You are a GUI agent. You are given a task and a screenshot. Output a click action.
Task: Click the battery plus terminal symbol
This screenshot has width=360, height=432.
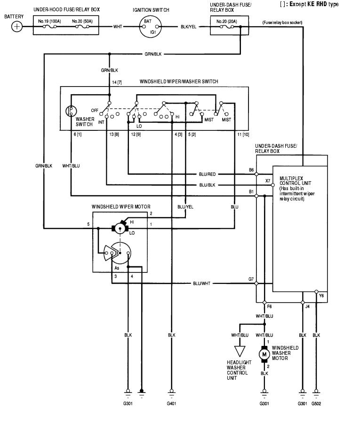point(17,26)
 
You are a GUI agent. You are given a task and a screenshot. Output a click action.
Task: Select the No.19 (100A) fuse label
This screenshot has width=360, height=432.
point(48,22)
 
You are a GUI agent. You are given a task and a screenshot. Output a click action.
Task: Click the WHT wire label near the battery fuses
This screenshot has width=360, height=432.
point(118,26)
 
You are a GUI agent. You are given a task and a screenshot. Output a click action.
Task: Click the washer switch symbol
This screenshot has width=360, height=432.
point(71,112)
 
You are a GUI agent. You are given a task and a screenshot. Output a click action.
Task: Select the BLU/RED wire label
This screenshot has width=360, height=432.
point(208,174)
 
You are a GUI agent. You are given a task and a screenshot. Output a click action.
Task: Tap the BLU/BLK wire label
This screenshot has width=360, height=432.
point(208,185)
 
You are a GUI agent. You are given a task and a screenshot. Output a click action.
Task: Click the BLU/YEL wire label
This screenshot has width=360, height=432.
point(185,207)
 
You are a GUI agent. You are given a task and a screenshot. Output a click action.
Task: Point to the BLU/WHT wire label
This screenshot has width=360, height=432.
point(201,284)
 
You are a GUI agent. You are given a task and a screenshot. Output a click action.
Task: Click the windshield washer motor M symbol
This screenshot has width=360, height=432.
point(264,354)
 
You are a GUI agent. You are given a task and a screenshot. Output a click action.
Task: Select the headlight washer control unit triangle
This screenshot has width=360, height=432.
point(240,351)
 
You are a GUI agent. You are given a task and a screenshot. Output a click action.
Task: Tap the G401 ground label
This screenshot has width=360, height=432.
point(171,404)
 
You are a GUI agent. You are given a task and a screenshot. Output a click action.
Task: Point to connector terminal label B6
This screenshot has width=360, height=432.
point(252,169)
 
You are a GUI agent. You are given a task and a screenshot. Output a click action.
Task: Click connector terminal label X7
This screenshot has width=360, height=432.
point(268,180)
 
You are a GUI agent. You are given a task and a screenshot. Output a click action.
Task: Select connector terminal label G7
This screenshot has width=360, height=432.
point(251,279)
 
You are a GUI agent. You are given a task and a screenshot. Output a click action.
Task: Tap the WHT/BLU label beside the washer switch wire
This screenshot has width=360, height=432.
point(71,166)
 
